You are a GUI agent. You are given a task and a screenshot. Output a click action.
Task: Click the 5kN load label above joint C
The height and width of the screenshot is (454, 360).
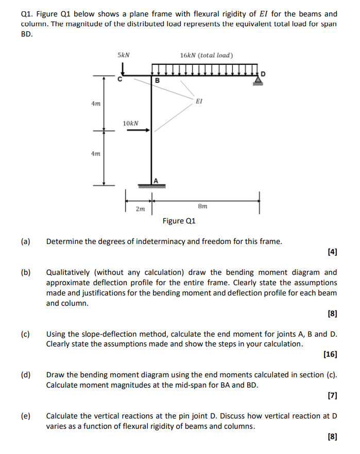[124, 55]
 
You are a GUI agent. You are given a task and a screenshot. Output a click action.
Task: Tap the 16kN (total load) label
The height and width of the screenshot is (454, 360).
[207, 55]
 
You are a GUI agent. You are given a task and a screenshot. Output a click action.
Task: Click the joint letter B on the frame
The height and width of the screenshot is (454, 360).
[158, 81]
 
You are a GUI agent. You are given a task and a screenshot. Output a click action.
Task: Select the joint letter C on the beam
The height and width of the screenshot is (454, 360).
[120, 80]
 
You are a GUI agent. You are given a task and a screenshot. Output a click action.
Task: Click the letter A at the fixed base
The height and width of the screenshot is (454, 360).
[156, 180]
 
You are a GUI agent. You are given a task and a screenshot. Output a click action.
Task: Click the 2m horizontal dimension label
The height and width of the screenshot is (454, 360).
[140, 209]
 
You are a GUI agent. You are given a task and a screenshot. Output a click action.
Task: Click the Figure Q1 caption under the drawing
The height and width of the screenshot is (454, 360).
[179, 221]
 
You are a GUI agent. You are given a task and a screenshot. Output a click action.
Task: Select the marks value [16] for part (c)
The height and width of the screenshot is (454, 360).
[330, 354]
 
